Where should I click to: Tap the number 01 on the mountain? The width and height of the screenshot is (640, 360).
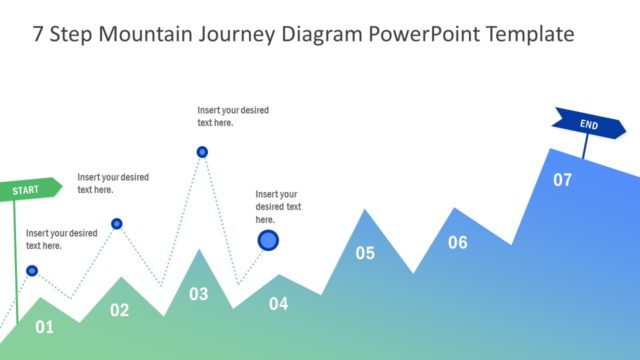(44, 326)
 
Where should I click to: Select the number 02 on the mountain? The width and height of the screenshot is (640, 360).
(119, 310)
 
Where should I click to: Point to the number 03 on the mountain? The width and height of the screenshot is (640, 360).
(199, 294)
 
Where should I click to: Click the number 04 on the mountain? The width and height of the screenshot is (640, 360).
(278, 304)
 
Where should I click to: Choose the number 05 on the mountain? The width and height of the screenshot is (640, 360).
(365, 253)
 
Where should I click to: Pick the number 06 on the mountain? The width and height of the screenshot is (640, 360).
(457, 242)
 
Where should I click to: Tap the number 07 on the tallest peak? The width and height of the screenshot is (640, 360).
(563, 180)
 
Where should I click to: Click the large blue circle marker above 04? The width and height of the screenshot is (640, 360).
(268, 240)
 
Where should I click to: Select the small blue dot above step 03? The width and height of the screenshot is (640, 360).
(202, 152)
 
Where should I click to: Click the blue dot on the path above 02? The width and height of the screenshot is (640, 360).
(117, 224)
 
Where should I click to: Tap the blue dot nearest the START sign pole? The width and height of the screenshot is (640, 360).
(32, 270)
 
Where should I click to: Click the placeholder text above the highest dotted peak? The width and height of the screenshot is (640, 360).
(233, 116)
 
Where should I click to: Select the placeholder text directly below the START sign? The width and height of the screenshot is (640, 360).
(61, 239)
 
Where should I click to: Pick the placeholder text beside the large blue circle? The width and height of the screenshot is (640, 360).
(278, 206)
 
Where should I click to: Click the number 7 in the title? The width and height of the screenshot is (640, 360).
(38, 34)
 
